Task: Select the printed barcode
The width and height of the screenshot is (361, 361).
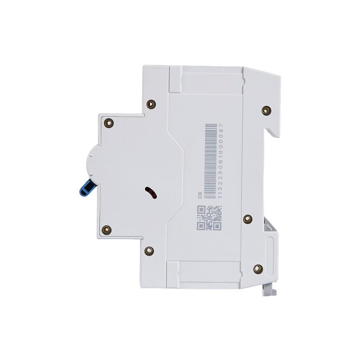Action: point(211,161)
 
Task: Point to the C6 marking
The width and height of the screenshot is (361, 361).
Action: point(200,196)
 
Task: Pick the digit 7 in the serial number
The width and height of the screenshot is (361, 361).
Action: point(221,126)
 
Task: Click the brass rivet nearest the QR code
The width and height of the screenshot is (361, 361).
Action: point(247,218)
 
